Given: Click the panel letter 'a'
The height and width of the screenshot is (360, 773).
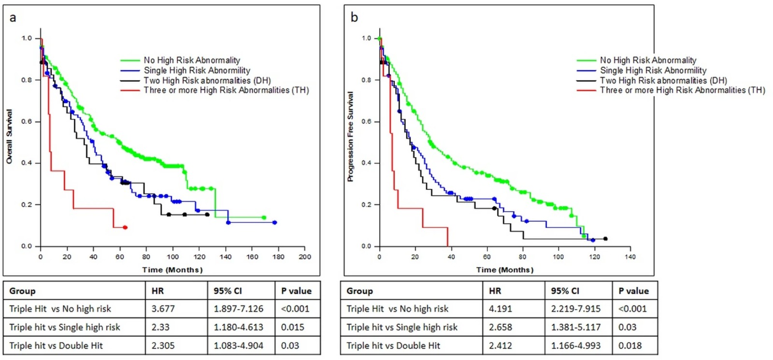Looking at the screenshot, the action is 13,17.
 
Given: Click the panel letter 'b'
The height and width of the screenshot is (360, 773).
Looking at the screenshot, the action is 354,17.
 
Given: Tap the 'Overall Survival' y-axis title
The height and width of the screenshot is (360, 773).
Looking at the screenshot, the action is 9,136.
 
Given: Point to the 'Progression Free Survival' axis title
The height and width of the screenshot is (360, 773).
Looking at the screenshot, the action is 350,136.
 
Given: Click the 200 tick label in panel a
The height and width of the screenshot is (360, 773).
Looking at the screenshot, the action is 305,257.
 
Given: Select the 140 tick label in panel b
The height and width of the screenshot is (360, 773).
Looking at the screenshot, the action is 630,257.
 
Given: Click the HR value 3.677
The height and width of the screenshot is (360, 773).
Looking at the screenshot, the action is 163,309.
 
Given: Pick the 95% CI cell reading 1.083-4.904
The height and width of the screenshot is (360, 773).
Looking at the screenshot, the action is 239,346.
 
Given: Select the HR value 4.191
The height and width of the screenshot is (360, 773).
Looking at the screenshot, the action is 501,309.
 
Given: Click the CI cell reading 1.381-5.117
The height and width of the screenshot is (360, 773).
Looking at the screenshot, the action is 576,327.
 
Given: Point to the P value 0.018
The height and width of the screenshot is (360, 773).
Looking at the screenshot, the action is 630,346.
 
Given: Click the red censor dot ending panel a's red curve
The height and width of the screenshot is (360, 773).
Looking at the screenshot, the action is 125,228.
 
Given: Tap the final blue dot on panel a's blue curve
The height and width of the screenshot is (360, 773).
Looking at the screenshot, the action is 275,223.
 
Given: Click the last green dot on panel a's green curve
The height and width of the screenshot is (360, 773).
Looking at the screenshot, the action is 264,217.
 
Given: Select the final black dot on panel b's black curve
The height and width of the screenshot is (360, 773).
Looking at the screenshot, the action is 605,239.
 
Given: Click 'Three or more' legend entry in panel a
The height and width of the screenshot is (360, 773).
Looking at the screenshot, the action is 215,90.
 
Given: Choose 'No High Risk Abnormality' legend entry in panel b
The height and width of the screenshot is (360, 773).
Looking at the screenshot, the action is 637,60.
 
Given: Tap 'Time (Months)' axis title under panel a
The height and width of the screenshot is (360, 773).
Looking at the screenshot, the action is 172,270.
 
